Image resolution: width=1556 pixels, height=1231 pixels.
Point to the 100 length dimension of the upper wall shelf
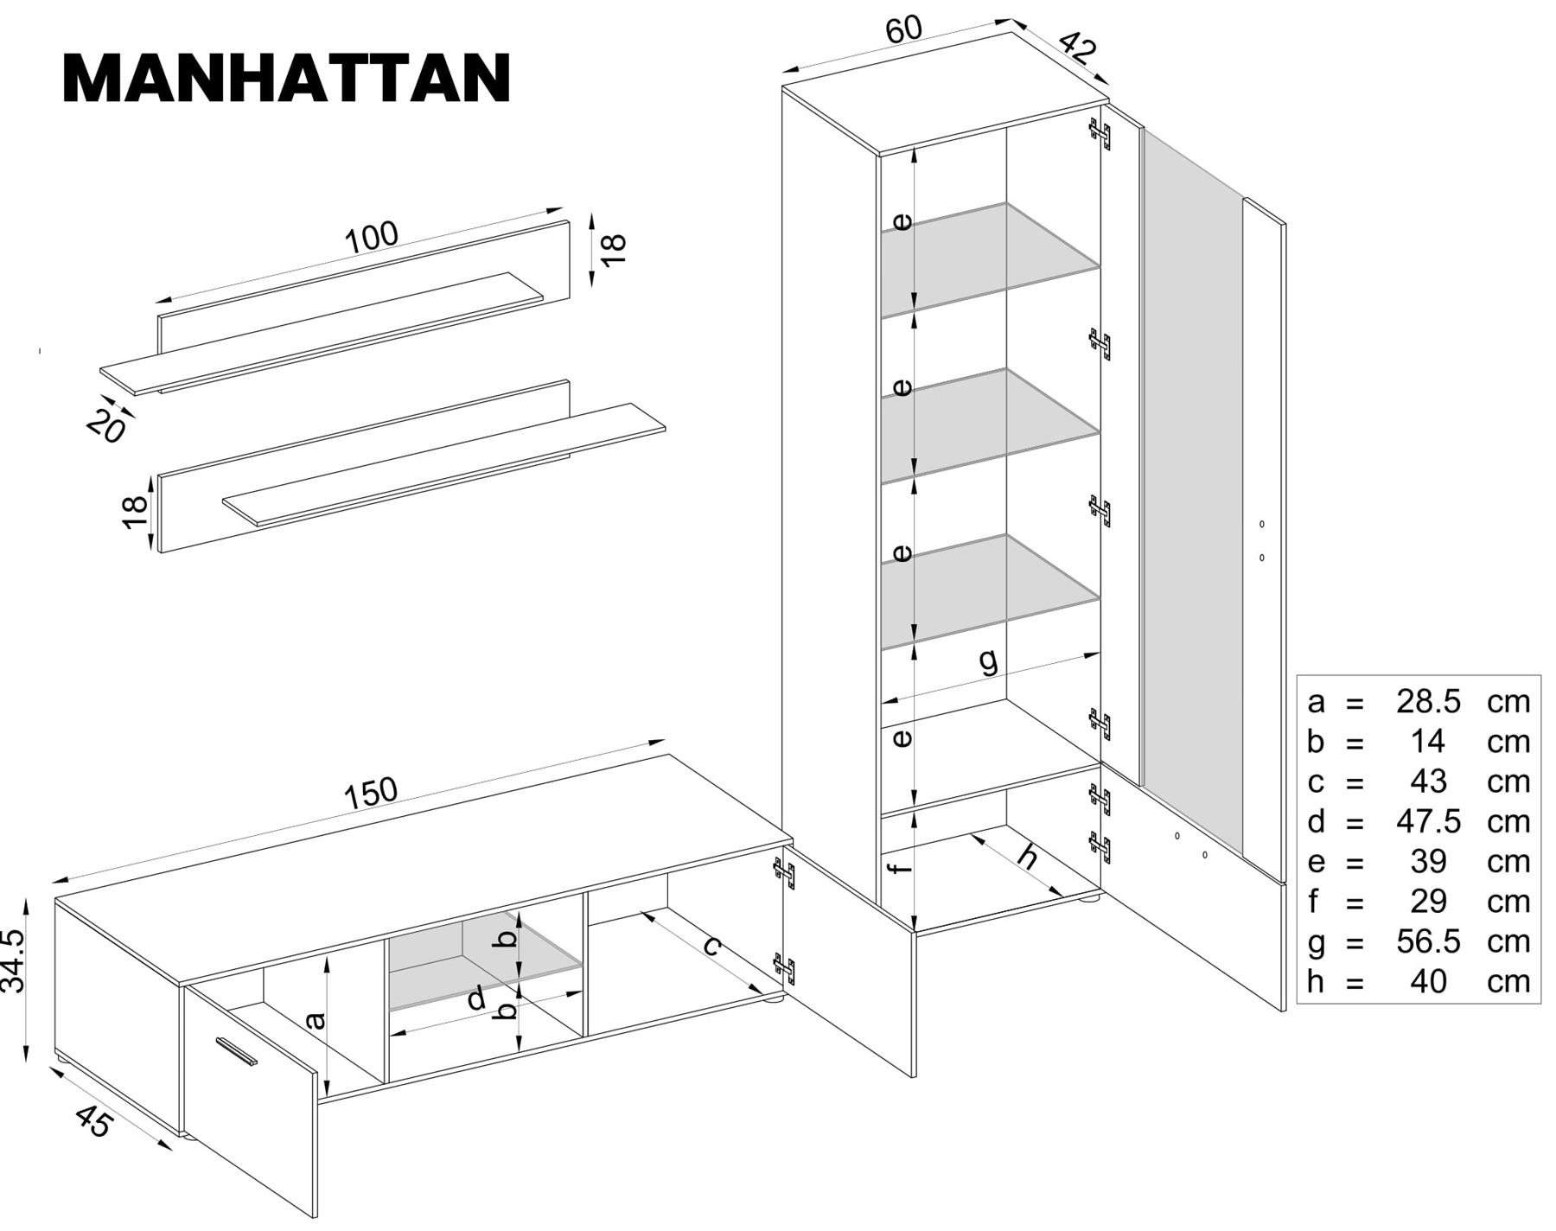click(x=372, y=237)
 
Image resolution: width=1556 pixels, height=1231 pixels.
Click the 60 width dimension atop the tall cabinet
click(x=904, y=30)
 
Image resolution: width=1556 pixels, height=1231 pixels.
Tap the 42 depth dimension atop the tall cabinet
click(x=1077, y=47)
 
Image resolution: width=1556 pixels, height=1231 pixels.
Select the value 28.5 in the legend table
click(x=1427, y=701)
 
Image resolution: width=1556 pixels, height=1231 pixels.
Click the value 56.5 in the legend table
click(x=1427, y=941)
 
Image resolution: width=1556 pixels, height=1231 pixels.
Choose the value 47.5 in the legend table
click(x=1427, y=821)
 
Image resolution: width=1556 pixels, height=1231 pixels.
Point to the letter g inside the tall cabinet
click(x=988, y=661)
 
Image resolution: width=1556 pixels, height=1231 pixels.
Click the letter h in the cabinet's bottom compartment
click(x=1027, y=856)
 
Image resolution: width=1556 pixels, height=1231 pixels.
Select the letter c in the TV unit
click(x=711, y=946)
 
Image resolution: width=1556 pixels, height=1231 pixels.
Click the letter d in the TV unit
click(x=476, y=1000)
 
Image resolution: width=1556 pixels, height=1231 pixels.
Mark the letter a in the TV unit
click(x=317, y=1021)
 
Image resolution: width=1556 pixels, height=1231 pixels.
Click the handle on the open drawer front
click(x=237, y=1051)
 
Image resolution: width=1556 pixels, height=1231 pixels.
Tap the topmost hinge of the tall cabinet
click(x=1099, y=133)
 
